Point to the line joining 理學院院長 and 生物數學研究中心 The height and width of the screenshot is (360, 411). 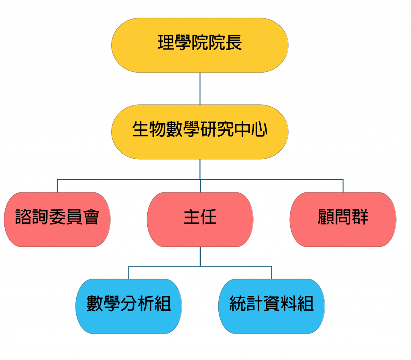pyautogui.click(x=200, y=88)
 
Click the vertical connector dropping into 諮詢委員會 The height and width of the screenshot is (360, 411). pyautogui.click(x=57, y=186)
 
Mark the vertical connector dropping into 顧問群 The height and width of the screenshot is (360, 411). pyautogui.click(x=343, y=186)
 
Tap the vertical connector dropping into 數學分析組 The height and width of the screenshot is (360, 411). pyautogui.click(x=128, y=273)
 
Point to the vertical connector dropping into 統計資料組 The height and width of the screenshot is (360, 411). pyautogui.click(x=272, y=273)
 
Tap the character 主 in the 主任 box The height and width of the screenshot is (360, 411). pyautogui.click(x=191, y=217)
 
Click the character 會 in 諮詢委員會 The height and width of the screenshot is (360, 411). pyautogui.click(x=91, y=217)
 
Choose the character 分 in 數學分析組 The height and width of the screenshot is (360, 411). pyautogui.click(x=128, y=304)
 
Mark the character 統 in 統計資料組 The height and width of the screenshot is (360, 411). pyautogui.click(x=238, y=304)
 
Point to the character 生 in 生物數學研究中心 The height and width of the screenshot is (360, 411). pyautogui.click(x=140, y=130)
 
